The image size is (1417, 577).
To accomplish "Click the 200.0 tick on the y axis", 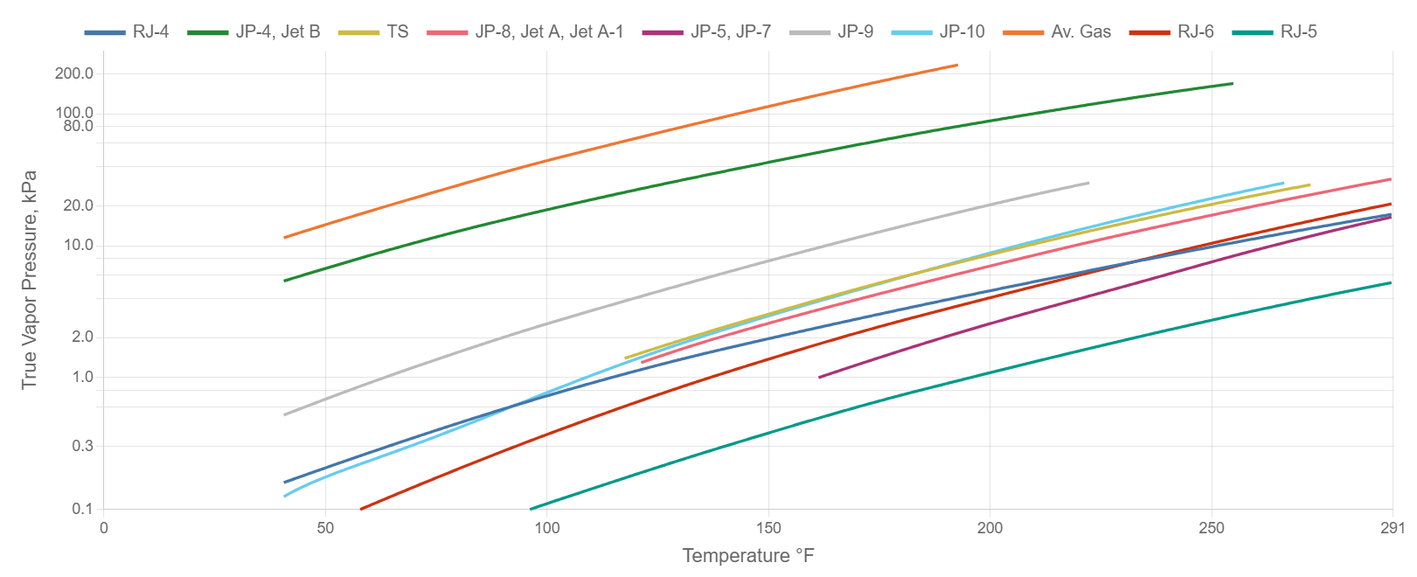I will click(74, 73).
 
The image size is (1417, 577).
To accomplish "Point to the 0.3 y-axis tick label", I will click(82, 446).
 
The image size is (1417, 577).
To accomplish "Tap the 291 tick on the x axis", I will click(1392, 528).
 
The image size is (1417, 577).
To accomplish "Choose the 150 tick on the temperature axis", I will click(768, 528).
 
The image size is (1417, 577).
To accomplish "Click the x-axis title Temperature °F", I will click(747, 556).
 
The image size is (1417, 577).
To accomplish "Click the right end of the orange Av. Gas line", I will click(957, 65).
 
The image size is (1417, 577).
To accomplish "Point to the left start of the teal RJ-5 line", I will click(531, 509).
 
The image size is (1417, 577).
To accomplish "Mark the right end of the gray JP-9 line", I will click(1088, 183).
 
